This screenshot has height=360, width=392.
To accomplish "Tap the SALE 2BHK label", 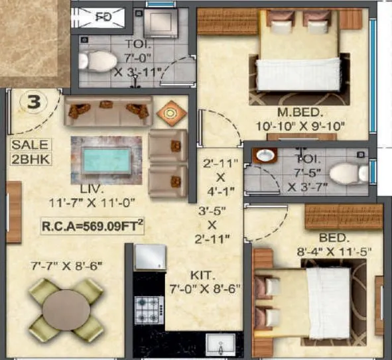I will pos(30,152).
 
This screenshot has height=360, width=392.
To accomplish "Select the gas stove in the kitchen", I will pos(149,309).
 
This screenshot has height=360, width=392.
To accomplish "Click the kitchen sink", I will pos(220,345).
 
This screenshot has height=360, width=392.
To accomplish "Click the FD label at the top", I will pos(103,16).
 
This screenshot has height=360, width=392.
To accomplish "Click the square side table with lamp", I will pos(170,113).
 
